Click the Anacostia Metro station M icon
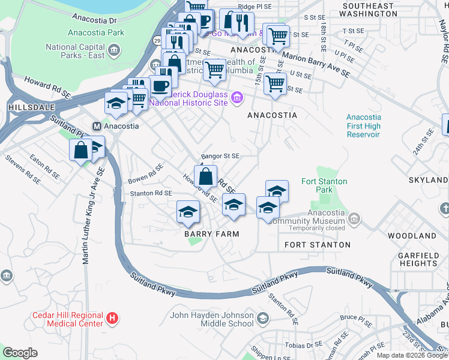pyautogui.click(x=96, y=126)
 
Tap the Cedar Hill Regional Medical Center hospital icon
pyautogui.click(x=110, y=317)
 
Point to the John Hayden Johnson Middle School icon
pyautogui.click(x=262, y=317)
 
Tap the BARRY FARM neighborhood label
pyautogui.click(x=211, y=234)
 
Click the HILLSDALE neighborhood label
pyautogui.click(x=23, y=106)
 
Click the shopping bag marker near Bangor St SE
pyautogui.click(x=206, y=176)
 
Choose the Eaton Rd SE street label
pyautogui.click(x=44, y=168)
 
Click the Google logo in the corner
pyautogui.click(x=20, y=352)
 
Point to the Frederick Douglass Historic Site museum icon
pyautogui.click(x=237, y=97)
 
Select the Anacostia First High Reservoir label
pyautogui.click(x=364, y=126)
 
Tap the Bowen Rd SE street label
pyautogui.click(x=146, y=174)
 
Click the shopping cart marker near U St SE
pyautogui.click(x=275, y=84)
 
